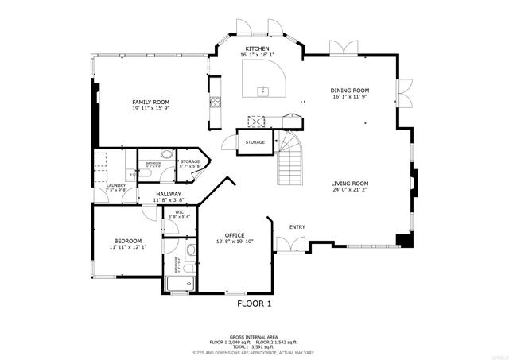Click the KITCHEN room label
pyautogui.click(x=257, y=49)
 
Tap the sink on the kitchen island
pyautogui.click(x=262, y=91)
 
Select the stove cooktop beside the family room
pyautogui.click(x=214, y=103)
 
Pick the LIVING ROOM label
pyautogui.click(x=350, y=183)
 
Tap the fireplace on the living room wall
pyautogui.click(x=414, y=181)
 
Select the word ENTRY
pyautogui.click(x=297, y=227)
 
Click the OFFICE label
pyautogui.click(x=234, y=234)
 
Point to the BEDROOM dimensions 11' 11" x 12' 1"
pyautogui.click(x=127, y=247)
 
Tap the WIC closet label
pyautogui.click(x=180, y=212)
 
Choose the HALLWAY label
pyautogui.click(x=168, y=194)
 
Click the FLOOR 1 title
pyautogui.click(x=254, y=303)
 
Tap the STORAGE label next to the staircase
pyautogui.click(x=254, y=142)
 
